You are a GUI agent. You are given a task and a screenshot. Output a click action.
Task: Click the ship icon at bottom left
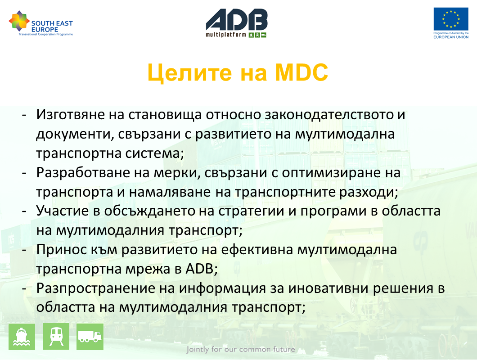tap(22, 337)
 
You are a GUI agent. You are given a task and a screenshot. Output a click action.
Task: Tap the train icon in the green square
tap(56, 337)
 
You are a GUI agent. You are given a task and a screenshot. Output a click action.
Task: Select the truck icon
tap(90, 337)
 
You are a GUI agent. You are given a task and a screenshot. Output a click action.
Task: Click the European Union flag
tap(451, 19)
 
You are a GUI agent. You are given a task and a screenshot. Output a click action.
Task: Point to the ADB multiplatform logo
tap(237, 23)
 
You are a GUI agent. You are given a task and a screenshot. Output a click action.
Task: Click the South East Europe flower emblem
tap(19, 21)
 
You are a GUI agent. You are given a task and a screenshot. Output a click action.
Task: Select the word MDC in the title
tap(301, 73)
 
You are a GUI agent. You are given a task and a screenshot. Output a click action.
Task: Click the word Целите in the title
tap(189, 73)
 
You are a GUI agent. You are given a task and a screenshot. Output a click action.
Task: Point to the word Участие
tap(63, 211)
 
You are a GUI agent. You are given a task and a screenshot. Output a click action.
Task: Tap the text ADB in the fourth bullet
tap(199, 269)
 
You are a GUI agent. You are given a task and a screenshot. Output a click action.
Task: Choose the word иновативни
tap(328, 288)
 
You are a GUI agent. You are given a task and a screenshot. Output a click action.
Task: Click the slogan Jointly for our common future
tap(241, 349)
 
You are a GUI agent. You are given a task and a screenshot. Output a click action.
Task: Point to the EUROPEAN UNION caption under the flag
tap(451, 37)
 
